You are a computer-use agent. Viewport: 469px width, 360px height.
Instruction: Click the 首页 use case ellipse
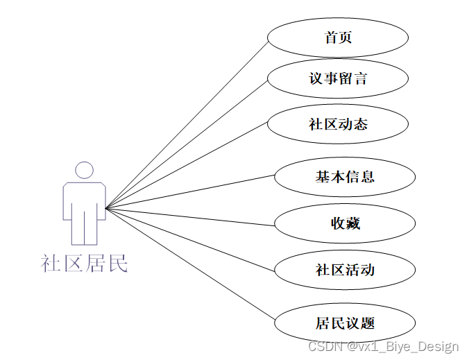pyautogui.click(x=337, y=37)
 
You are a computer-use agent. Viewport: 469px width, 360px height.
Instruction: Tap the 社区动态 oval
pyautogui.click(x=337, y=125)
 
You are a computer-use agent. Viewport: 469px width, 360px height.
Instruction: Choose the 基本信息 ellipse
pyautogui.click(x=345, y=177)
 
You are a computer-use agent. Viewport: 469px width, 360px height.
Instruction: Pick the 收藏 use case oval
pyautogui.click(x=345, y=223)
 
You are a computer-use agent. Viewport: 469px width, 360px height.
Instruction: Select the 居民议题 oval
pyautogui.click(x=345, y=323)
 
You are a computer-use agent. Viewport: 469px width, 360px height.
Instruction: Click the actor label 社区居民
pyautogui.click(x=84, y=264)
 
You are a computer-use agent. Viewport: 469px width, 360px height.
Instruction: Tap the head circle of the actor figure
pyautogui.click(x=84, y=170)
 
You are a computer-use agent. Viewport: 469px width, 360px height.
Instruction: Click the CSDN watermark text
pyautogui.click(x=384, y=346)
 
